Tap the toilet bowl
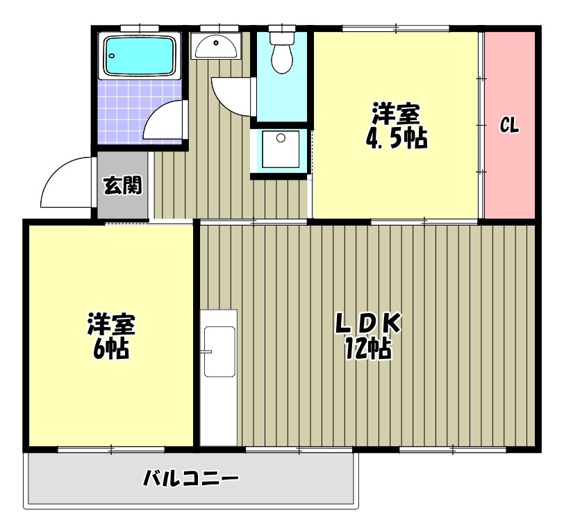(x=282, y=57)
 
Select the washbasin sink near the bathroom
(x=215, y=47)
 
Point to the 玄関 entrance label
(x=123, y=185)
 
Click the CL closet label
(x=510, y=126)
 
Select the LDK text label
(x=369, y=323)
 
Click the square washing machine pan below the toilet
(x=280, y=148)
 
